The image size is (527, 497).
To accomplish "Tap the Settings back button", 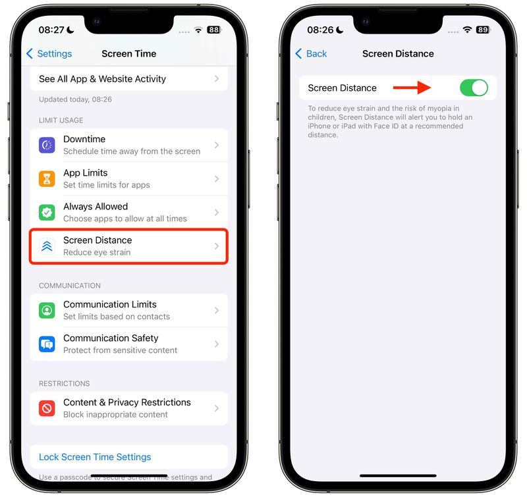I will click(x=49, y=54).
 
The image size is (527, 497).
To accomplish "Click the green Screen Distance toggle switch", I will click(x=474, y=88).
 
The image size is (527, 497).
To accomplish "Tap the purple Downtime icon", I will click(x=47, y=145).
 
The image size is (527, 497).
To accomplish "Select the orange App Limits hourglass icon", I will click(x=47, y=178).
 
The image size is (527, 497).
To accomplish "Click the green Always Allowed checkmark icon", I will click(x=47, y=212).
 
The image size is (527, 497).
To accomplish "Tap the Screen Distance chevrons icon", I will click(x=47, y=246).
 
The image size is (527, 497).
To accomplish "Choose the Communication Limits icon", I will click(x=47, y=310).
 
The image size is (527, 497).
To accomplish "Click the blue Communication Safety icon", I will click(x=47, y=344).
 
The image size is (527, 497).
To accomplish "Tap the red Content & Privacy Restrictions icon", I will click(x=47, y=408).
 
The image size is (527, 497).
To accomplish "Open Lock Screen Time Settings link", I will click(x=95, y=457).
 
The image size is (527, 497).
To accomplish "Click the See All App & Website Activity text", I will click(x=102, y=79).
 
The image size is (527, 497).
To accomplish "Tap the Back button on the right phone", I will click(x=311, y=54).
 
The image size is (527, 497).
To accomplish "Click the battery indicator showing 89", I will click(x=482, y=30).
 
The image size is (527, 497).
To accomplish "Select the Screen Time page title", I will click(x=129, y=54).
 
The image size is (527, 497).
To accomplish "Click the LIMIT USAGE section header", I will click(x=61, y=120).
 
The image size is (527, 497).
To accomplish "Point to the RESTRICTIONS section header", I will click(x=65, y=383).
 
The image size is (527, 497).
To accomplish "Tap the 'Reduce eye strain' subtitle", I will click(x=97, y=252).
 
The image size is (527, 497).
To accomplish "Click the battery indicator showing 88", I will click(x=213, y=30).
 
